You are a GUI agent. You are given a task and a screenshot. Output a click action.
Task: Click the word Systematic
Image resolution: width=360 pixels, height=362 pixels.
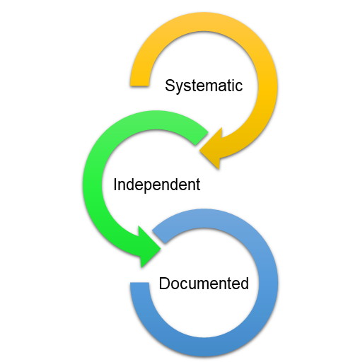coord(204,86)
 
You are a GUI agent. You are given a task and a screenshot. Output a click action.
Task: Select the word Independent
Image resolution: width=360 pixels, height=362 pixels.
coord(157,185)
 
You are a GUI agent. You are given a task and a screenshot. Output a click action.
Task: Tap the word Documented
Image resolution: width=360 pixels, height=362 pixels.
coord(204,284)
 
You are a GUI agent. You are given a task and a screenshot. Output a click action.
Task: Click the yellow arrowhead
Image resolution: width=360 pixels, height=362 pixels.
coord(211,149)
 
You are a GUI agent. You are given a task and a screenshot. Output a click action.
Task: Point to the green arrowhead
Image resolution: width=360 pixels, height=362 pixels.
coord(149,247)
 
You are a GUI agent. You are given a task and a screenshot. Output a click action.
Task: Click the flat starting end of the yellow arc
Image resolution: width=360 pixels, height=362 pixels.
coord(139,86)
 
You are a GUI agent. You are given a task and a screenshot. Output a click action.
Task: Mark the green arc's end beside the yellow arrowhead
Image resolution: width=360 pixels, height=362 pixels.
coord(202,139)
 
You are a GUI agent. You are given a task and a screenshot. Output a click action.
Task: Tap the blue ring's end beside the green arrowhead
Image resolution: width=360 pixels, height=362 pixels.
coord(158,237)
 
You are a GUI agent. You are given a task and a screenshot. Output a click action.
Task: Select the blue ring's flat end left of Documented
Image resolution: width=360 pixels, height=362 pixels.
coord(139,283)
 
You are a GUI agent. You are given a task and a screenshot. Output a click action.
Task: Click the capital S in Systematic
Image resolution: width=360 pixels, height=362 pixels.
coord(170,86)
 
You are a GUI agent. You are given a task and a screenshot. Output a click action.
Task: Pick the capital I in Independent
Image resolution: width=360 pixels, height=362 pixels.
coord(115,185)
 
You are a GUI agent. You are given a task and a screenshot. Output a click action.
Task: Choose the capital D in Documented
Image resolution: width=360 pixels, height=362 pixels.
coord(164,284)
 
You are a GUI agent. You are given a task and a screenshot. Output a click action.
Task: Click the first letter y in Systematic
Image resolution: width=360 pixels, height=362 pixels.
coord(179,88)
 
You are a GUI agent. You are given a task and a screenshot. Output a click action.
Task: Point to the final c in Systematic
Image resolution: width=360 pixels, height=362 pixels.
coord(239,87)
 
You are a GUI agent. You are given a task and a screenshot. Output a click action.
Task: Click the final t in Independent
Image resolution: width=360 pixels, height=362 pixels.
coord(198,185)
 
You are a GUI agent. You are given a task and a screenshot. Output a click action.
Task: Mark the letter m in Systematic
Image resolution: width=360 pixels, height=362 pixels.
coord(209,87)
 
